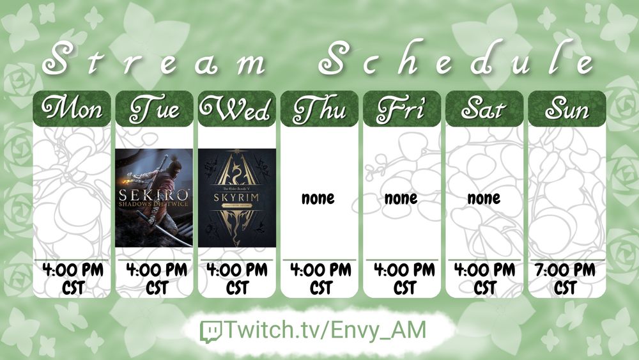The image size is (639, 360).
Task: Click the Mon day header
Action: tap(72, 109)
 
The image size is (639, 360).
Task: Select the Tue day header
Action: tap(154, 109)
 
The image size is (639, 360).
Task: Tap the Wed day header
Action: tap(237, 109)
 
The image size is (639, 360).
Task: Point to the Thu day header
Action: tap(319, 109)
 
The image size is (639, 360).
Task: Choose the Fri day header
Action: tap(402, 109)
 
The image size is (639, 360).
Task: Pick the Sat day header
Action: tap(484, 109)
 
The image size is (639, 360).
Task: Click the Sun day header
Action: tap(567, 109)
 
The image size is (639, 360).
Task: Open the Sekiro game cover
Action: tap(154, 198)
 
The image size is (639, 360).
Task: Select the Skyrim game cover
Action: tap(237, 198)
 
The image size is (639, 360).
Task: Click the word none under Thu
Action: tap(318, 198)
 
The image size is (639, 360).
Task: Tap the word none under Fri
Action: tap(401, 198)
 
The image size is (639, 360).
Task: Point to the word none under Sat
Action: tap(484, 198)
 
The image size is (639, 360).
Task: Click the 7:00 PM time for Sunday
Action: tap(565, 270)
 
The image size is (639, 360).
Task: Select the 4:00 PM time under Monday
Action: tap(73, 270)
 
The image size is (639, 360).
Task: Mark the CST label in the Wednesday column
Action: tap(237, 288)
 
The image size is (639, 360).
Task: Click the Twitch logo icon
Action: tap(211, 331)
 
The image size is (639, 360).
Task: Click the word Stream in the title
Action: tap(154, 60)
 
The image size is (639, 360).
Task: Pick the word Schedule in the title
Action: tap(456, 58)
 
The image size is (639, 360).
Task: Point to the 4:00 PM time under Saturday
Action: tap(485, 270)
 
